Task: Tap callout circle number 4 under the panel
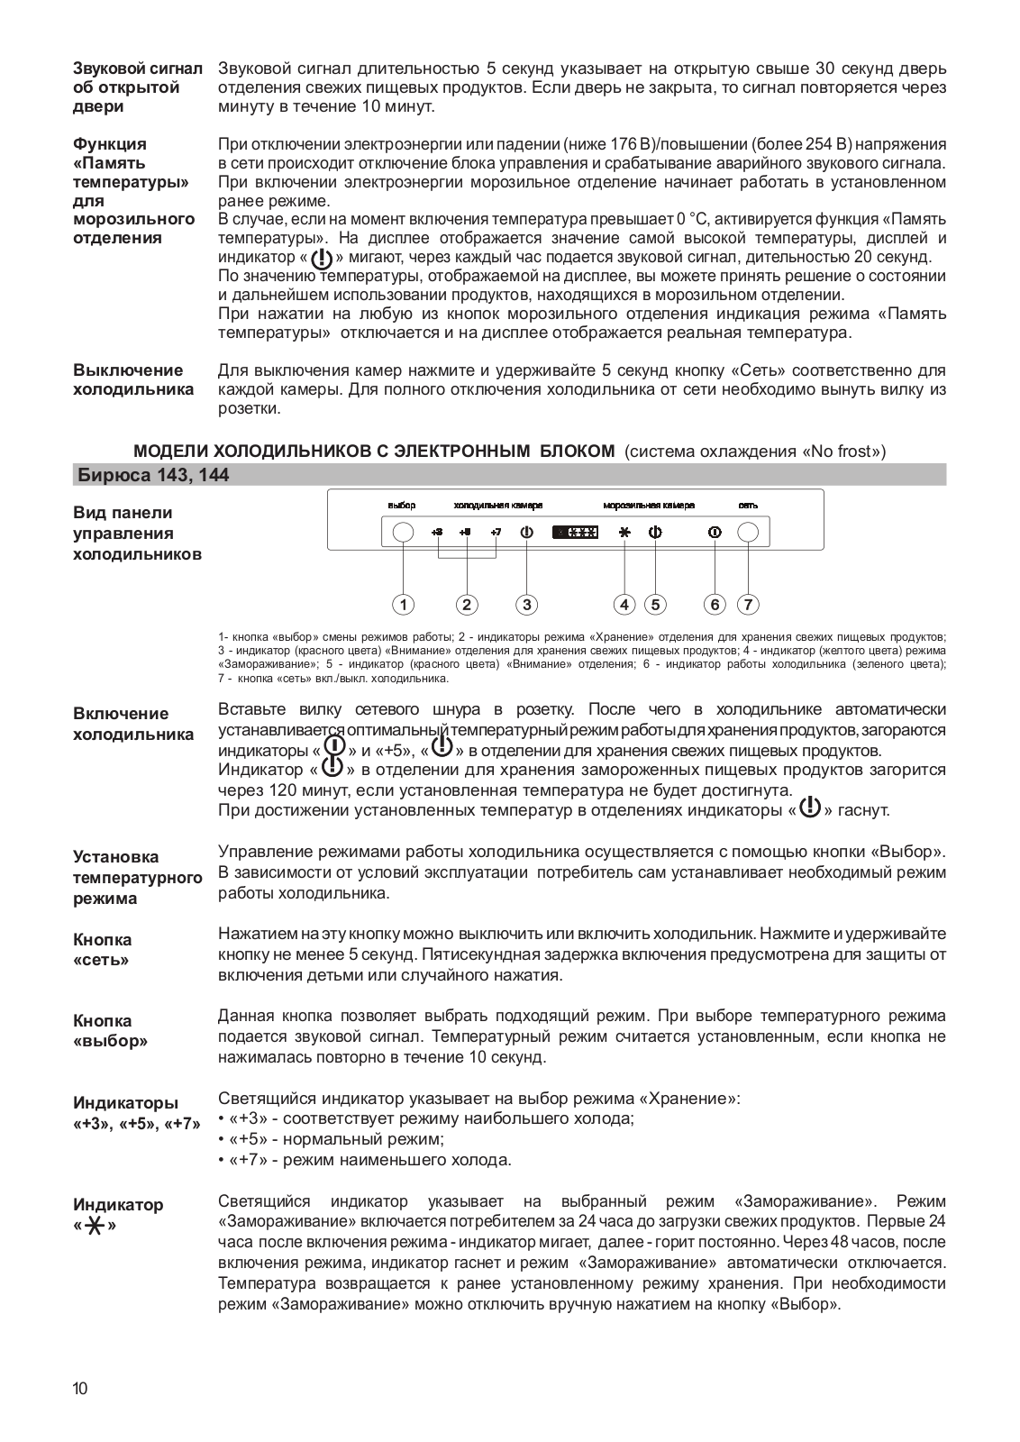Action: point(624,604)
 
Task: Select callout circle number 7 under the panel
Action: point(748,604)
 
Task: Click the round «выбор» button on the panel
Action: point(404,533)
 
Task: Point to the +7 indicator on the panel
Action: point(496,533)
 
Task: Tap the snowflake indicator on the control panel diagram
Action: point(624,533)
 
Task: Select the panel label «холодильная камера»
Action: point(497,506)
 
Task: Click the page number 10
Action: point(81,1389)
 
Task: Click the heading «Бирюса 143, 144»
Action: point(151,475)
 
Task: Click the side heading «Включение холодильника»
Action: point(132,724)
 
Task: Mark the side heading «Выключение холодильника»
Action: point(132,379)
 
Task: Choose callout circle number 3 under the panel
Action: point(527,604)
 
